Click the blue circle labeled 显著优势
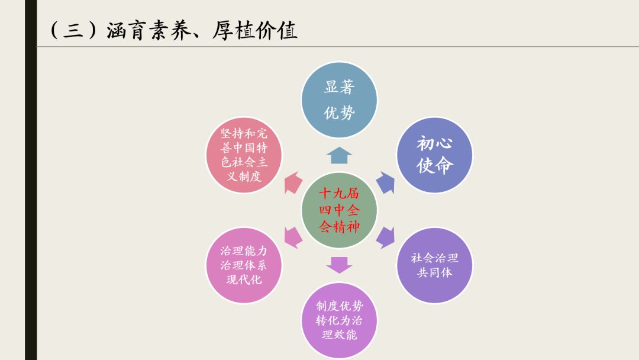pos(339,100)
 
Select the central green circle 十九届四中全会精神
pos(339,210)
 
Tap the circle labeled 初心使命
pos(435,155)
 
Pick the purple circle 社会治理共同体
pos(435,265)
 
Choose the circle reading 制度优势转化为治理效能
pos(339,320)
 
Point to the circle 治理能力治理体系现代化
pos(244,265)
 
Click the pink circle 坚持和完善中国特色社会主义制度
pos(244,155)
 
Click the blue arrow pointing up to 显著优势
pos(339,155)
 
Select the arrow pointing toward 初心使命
pos(385,182)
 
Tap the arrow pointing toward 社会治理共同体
pos(385,237)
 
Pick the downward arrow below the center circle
pos(339,265)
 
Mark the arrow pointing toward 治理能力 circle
pos(293,237)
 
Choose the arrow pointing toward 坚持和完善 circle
pos(293,182)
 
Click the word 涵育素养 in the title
pos(149,31)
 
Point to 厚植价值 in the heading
pos(254,31)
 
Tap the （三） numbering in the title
pos(74,31)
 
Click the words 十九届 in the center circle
pos(339,193)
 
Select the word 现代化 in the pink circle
pos(244,279)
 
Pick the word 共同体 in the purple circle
pos(435,272)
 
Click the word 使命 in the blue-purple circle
pos(435,166)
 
